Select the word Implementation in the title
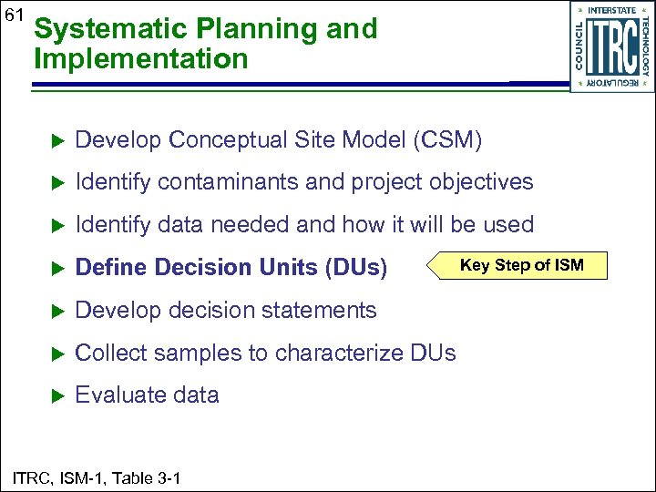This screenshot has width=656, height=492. click(x=140, y=60)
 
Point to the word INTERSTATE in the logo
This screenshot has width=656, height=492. click(x=612, y=10)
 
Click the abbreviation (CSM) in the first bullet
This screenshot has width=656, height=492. click(x=447, y=140)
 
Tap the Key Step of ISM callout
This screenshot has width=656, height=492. click(x=520, y=265)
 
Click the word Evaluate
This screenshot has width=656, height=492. click(x=116, y=395)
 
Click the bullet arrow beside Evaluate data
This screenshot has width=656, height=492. click(x=54, y=395)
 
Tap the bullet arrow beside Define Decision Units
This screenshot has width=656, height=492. click(x=54, y=268)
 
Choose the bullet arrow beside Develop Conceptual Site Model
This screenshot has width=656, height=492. click(x=54, y=141)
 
